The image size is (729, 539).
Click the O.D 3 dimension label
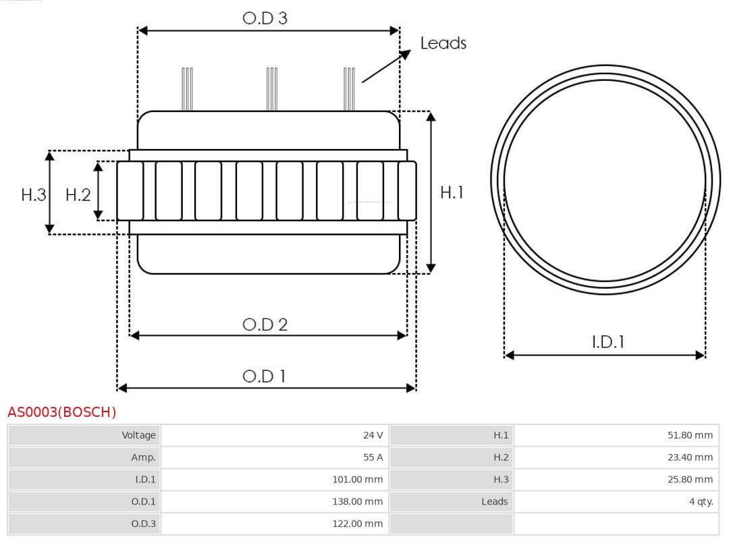point(265,18)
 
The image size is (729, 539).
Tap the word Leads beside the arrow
point(443,42)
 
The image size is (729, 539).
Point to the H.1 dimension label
point(452,192)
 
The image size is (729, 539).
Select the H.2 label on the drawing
point(78,195)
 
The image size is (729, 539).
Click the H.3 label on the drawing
point(34,195)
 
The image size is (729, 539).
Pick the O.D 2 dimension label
point(265,324)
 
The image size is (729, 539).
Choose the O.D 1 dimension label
point(264,376)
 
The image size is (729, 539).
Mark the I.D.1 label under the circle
point(608,342)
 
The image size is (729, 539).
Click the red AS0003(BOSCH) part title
point(62,412)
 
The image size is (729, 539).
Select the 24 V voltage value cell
point(373,435)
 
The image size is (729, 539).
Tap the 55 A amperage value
point(373,457)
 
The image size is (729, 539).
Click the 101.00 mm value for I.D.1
point(358,480)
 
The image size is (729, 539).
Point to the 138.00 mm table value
point(358,502)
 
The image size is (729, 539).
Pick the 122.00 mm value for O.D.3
point(358,523)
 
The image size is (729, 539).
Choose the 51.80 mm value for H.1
point(690,435)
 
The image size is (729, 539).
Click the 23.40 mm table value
point(690,457)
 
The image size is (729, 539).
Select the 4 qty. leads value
point(701,502)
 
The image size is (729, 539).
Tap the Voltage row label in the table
point(138,435)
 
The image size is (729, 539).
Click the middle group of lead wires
point(272,89)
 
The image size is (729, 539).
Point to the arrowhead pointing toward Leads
point(406,54)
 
